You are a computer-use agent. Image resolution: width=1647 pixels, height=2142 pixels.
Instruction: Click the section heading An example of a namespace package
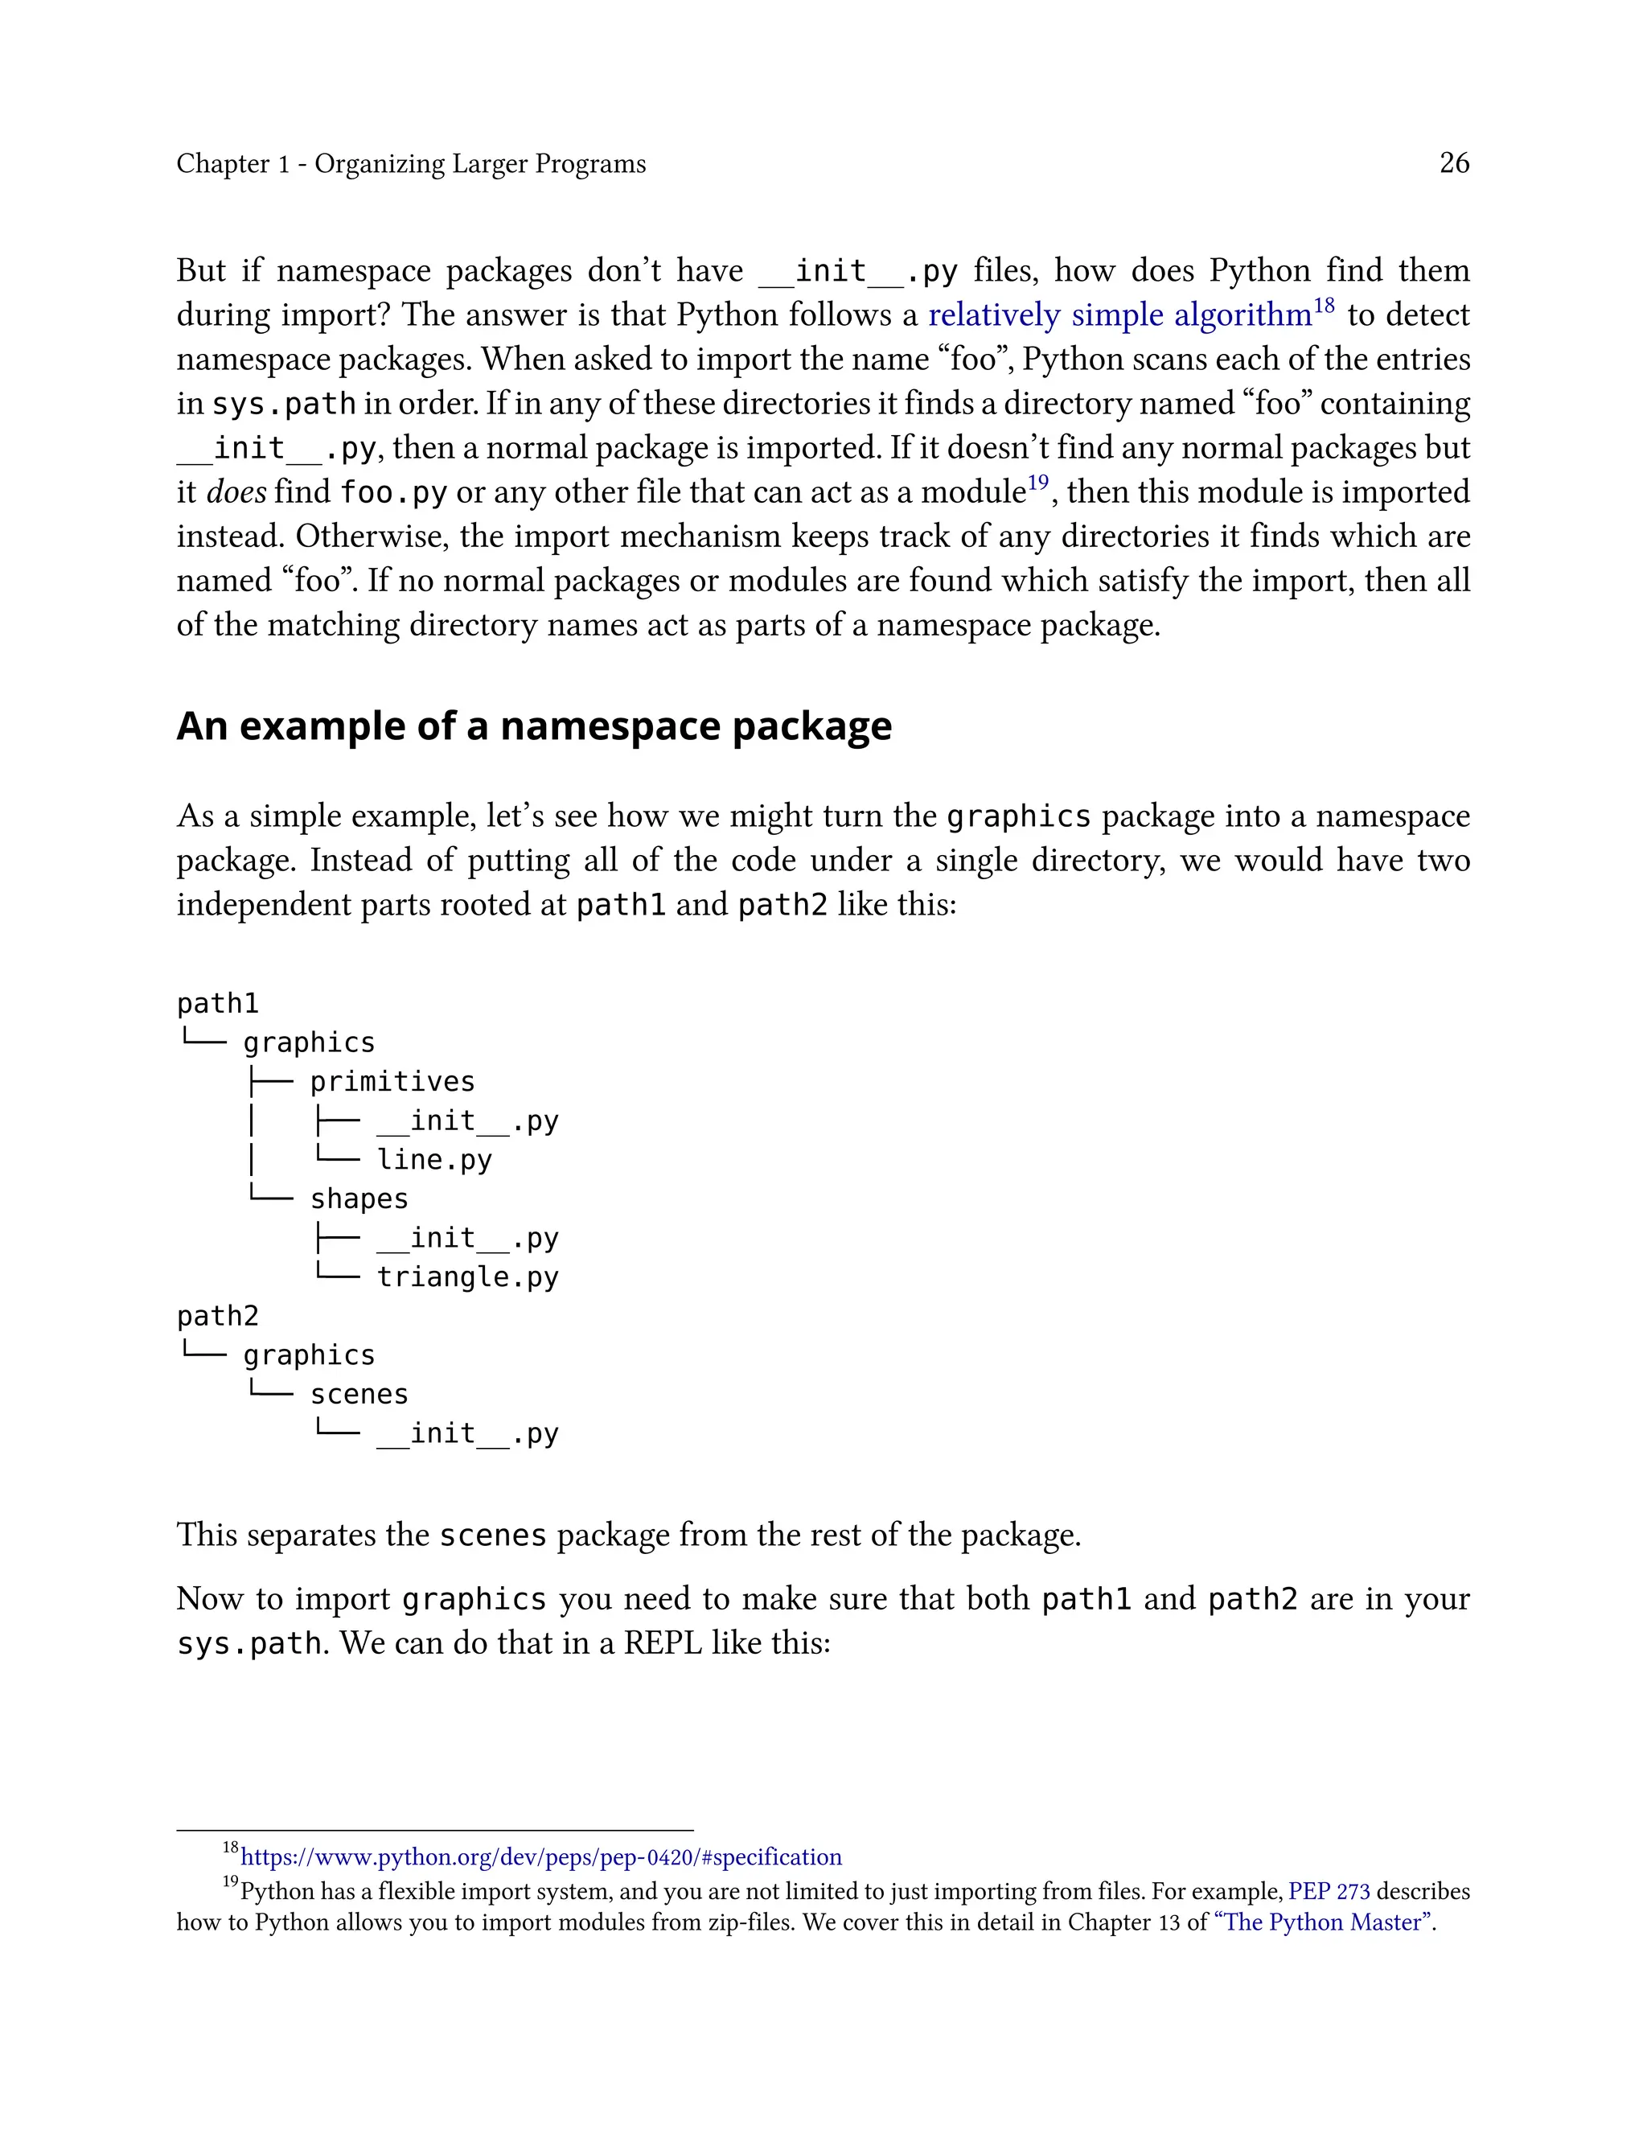(x=533, y=726)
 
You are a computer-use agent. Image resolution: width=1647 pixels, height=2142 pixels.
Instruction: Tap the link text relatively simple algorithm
(x=1119, y=315)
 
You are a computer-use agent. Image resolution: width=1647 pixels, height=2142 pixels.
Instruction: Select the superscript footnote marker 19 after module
(x=1037, y=483)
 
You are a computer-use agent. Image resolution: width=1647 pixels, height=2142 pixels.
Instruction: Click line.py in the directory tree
(x=434, y=1160)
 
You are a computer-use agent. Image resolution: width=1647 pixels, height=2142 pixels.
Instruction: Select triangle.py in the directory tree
(x=467, y=1277)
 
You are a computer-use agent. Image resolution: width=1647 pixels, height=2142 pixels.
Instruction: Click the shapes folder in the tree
(x=359, y=1199)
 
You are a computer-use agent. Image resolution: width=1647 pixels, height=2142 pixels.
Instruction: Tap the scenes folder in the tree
(x=359, y=1394)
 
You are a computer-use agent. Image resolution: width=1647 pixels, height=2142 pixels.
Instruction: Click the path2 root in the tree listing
(x=218, y=1316)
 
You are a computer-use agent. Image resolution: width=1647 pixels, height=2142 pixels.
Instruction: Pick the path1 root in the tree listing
(x=218, y=1004)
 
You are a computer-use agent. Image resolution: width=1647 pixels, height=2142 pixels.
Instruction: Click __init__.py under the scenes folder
(x=467, y=1433)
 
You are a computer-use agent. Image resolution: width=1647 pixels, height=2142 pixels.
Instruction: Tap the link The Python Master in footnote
(x=1325, y=1922)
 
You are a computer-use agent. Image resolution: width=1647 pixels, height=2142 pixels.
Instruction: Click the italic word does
(x=236, y=492)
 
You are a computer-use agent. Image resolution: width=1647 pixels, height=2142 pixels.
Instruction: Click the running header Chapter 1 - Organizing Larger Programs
(x=411, y=164)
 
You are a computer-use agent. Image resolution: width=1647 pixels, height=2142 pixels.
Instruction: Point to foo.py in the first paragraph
(x=393, y=492)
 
